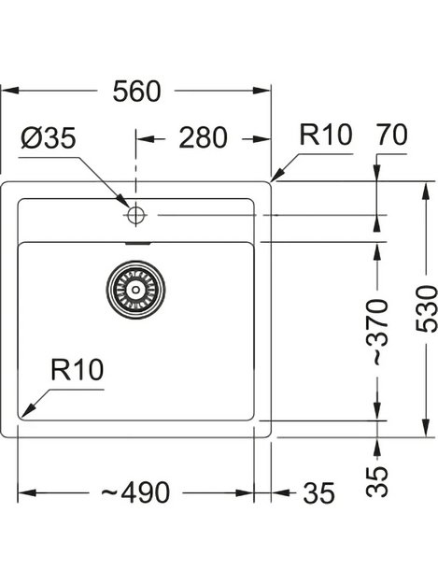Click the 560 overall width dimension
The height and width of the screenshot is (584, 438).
[x=136, y=91]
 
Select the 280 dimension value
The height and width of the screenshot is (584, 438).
[x=202, y=137]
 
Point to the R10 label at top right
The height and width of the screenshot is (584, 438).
[x=325, y=135]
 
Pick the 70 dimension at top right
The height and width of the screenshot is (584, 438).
[x=389, y=135]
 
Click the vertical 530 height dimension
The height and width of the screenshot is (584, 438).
[x=427, y=305]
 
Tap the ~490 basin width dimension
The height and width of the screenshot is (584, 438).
[x=136, y=492]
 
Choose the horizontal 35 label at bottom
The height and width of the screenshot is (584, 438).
[x=318, y=492]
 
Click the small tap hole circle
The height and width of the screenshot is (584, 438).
[x=134, y=215]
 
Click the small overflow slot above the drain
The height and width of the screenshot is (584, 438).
[x=136, y=242]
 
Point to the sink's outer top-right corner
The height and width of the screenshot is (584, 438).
[x=271, y=180]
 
